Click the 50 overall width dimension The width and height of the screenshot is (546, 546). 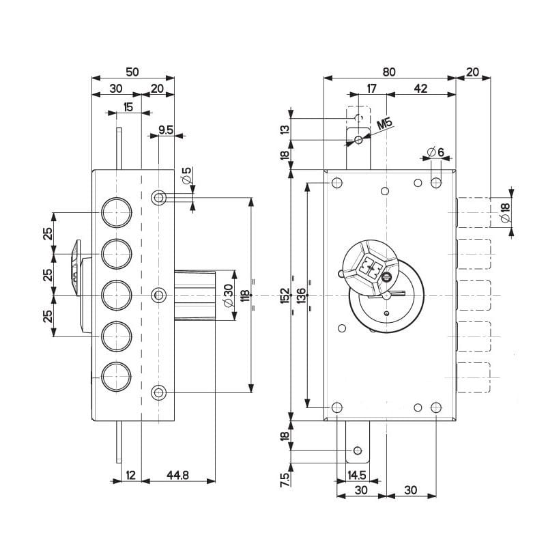coord(132,71)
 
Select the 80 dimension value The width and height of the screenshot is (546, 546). coord(389,71)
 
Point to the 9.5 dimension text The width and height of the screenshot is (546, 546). coord(166,128)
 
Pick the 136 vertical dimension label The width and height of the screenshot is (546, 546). coord(301,295)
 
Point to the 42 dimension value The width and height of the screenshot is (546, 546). coord(420,88)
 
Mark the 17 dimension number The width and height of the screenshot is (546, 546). coord(372,88)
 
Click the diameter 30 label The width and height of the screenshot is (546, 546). coord(229,295)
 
